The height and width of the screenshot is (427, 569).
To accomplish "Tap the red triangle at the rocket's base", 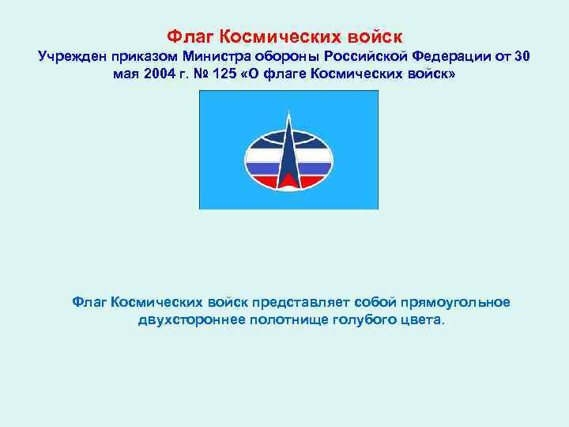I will (x=289, y=181).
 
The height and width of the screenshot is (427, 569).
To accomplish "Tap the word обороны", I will (x=284, y=57).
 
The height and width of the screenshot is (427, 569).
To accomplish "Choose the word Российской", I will (x=358, y=57).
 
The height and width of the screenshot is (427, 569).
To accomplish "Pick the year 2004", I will (x=160, y=74).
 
